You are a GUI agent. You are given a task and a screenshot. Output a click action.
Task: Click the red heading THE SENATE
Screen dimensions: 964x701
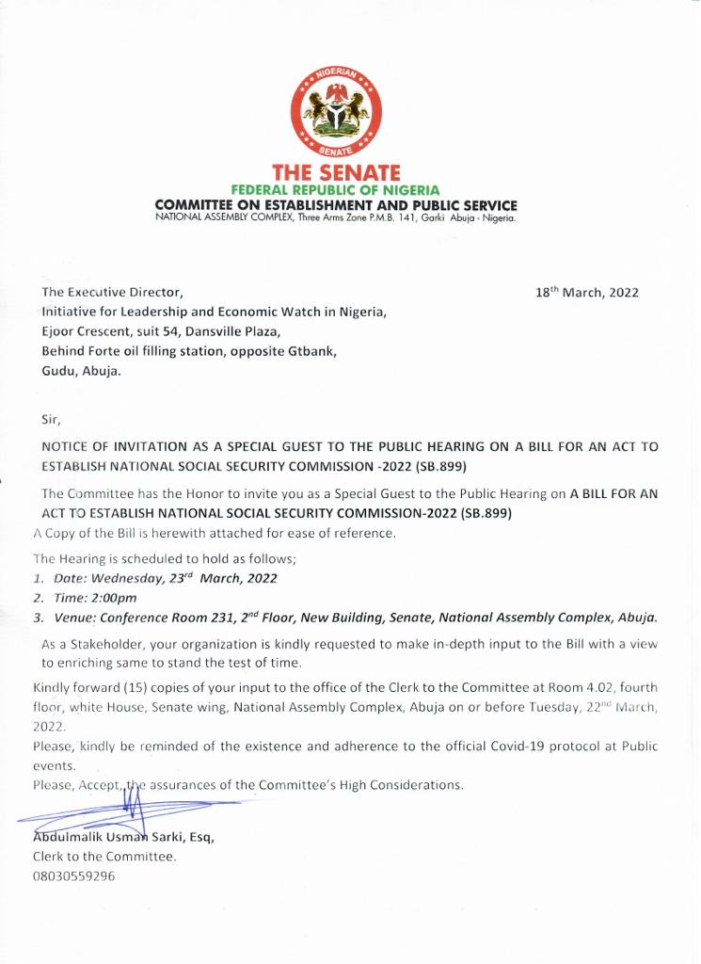(x=336, y=173)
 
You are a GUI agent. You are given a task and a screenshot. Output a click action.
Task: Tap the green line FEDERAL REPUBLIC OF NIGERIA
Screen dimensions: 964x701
(x=336, y=190)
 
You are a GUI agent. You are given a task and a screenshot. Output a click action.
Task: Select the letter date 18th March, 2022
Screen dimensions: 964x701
(x=587, y=293)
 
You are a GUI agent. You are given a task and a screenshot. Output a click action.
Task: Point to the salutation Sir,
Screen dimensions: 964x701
(x=51, y=421)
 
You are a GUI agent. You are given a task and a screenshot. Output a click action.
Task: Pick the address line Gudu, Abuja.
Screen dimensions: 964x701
(x=81, y=371)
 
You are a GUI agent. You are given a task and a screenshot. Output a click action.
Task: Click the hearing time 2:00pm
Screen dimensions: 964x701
(x=115, y=598)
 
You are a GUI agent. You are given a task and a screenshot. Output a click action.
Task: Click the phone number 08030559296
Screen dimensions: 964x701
(x=73, y=876)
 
